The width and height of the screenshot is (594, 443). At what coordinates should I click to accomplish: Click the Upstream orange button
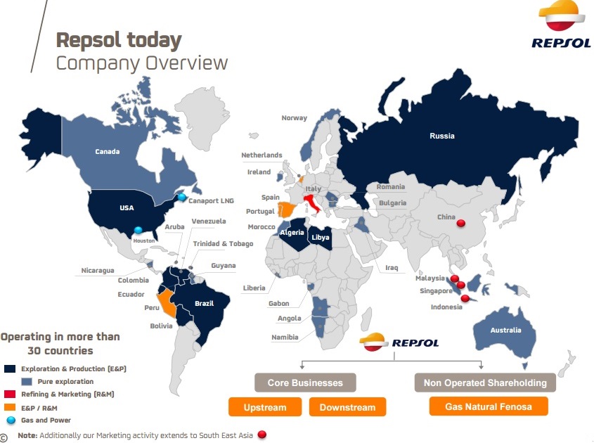[x=265, y=407]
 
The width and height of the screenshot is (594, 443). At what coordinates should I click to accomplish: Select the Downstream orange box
[x=347, y=407]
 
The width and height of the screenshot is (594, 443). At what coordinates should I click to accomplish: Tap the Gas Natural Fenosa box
[x=488, y=406]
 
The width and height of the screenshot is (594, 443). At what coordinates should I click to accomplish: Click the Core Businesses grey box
[x=305, y=383]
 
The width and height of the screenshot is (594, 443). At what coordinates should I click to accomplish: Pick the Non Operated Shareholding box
[x=485, y=383]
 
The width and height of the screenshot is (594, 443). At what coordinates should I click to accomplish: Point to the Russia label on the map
[x=442, y=136]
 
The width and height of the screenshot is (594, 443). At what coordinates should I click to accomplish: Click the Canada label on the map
[x=108, y=151]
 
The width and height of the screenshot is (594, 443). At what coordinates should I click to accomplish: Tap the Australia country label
[x=506, y=330]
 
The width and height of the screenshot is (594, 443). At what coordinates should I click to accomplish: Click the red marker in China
[x=461, y=224]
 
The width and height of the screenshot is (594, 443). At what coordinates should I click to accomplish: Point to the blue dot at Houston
[x=138, y=230]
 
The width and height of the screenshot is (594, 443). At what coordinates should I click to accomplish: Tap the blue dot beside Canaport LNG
[x=182, y=198]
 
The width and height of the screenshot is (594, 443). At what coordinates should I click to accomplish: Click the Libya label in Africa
[x=321, y=238]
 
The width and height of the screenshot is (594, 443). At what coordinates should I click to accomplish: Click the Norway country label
[x=294, y=118]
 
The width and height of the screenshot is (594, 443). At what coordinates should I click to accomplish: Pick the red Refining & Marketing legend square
[x=10, y=394]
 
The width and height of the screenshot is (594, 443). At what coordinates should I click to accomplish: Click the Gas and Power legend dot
[x=10, y=420]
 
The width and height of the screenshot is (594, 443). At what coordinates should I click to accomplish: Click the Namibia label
[x=285, y=338]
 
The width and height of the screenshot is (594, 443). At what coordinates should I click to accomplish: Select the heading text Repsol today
[x=119, y=39]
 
